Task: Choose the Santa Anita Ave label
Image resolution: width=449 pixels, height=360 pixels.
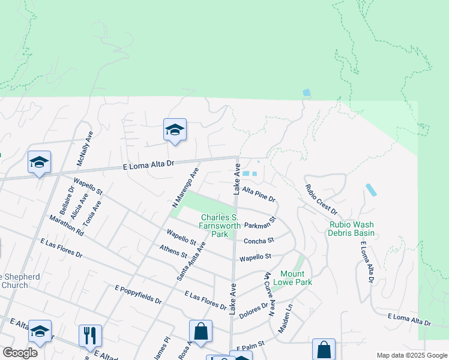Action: coord(191,262)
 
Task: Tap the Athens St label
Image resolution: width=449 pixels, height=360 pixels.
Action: coord(175,253)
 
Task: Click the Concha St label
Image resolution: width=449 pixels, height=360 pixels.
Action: coord(259,241)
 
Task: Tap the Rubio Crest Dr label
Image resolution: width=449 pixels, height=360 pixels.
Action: coord(321,200)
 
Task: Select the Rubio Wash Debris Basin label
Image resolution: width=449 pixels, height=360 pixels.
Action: coord(352,229)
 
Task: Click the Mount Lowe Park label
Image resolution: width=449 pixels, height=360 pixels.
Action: coord(292,277)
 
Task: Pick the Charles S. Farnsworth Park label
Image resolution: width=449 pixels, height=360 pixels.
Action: coord(220,226)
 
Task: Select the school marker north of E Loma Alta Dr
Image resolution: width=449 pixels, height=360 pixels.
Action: coord(175,130)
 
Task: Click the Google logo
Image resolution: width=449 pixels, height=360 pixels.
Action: coord(20,353)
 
